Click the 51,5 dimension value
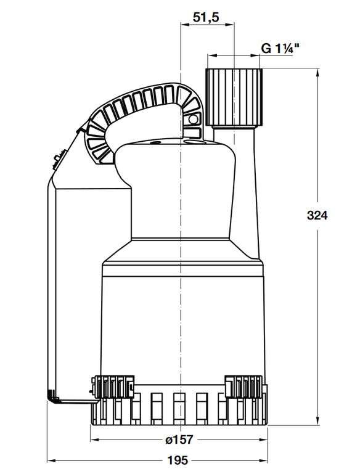click(x=206, y=17)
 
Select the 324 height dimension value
click(x=317, y=215)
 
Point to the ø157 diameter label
click(x=179, y=439)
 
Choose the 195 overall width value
click(x=178, y=460)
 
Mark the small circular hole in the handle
click(x=192, y=120)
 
